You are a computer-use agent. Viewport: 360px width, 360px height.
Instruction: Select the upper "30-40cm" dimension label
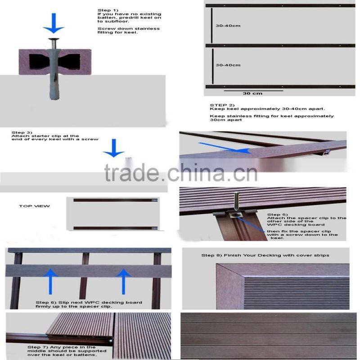click(228, 26)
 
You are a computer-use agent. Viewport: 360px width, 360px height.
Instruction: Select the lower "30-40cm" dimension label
click(228, 65)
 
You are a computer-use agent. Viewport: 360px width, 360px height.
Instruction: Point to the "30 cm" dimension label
click(252, 93)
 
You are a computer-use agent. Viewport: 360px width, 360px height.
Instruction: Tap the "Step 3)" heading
click(22, 133)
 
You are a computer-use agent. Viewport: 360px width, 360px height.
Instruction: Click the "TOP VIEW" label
click(34, 207)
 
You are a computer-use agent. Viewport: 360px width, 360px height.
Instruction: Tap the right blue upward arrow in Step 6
click(124, 280)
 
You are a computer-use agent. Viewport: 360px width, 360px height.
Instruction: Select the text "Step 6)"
click(45, 302)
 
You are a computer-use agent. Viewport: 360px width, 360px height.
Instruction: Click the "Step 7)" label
click(37, 347)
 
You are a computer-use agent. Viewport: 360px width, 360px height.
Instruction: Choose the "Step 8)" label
click(211, 255)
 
